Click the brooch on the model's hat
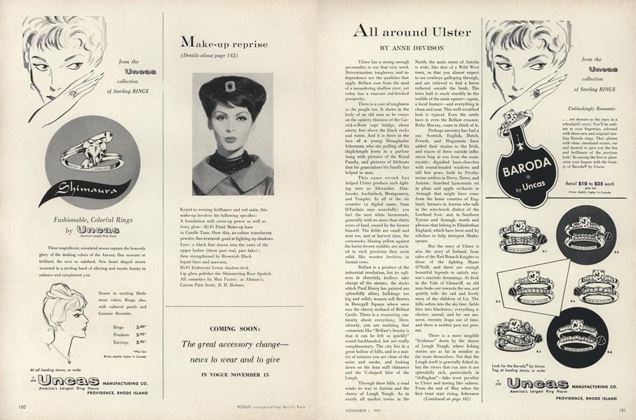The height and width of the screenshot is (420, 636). click(x=231, y=85)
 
